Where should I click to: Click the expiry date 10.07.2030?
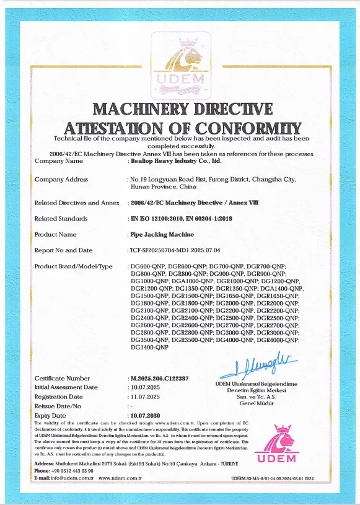click(144, 415)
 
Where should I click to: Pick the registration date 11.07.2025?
click(144, 397)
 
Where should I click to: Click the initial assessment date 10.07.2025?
click(144, 387)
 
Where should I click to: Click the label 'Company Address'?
click(61, 180)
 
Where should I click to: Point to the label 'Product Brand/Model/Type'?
click(74, 266)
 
